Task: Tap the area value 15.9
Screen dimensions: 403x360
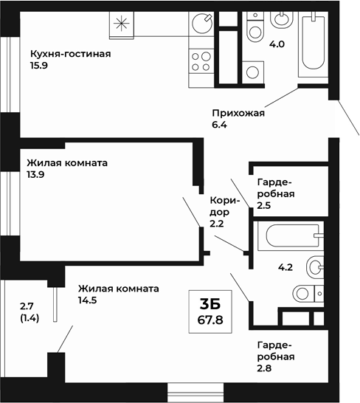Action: [x=40, y=66]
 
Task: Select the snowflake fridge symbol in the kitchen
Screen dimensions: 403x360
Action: [x=121, y=24]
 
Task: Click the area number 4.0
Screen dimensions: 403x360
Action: [x=277, y=45]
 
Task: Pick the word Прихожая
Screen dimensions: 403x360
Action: [x=238, y=113]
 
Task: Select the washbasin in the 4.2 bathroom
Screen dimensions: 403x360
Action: [x=314, y=265]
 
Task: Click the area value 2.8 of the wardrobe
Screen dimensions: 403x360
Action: [x=266, y=369]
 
